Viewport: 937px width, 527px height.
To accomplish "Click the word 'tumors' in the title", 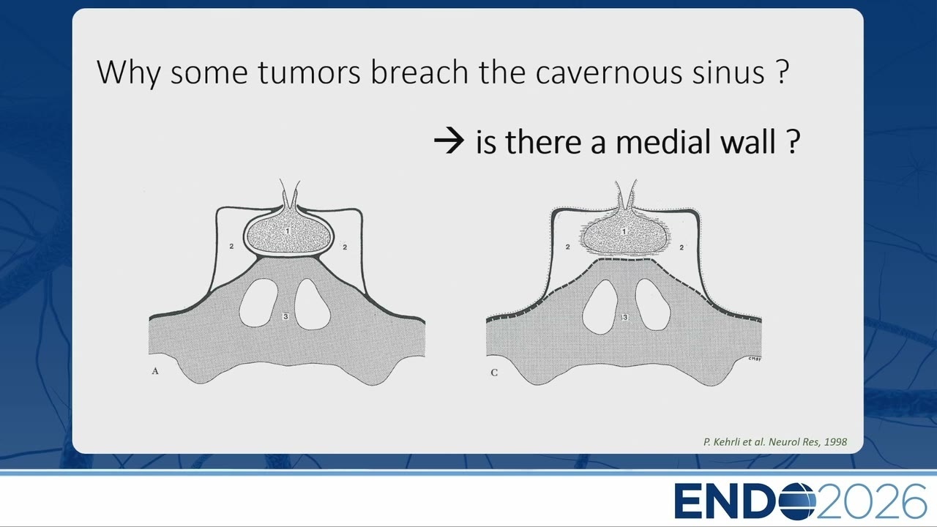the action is (309, 72).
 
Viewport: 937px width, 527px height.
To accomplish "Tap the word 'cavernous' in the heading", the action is (608, 72).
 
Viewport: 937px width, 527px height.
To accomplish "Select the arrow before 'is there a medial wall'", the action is (449, 141).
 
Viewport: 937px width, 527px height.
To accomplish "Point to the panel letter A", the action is (155, 371).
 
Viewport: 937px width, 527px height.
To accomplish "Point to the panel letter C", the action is (494, 373).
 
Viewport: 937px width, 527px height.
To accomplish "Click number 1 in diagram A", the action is (288, 231).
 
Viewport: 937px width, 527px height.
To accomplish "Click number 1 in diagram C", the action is (624, 231).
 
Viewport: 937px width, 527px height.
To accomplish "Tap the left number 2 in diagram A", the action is (231, 247).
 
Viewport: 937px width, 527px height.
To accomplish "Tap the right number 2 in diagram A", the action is (345, 247).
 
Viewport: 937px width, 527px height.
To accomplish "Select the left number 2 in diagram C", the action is (567, 247).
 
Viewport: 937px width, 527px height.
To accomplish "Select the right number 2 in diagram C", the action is (682, 247).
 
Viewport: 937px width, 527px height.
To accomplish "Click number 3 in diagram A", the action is (285, 316).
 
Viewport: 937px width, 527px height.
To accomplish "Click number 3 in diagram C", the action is (625, 318).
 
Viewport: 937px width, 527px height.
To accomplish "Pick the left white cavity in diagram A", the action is (258, 303).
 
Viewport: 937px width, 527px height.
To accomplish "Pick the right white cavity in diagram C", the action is (653, 304).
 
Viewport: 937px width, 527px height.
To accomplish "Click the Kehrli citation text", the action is (775, 441).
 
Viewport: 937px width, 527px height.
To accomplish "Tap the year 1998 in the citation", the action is (835, 441).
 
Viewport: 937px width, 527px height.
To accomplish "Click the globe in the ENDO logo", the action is (796, 501).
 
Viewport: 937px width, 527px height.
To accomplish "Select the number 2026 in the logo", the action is (871, 501).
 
